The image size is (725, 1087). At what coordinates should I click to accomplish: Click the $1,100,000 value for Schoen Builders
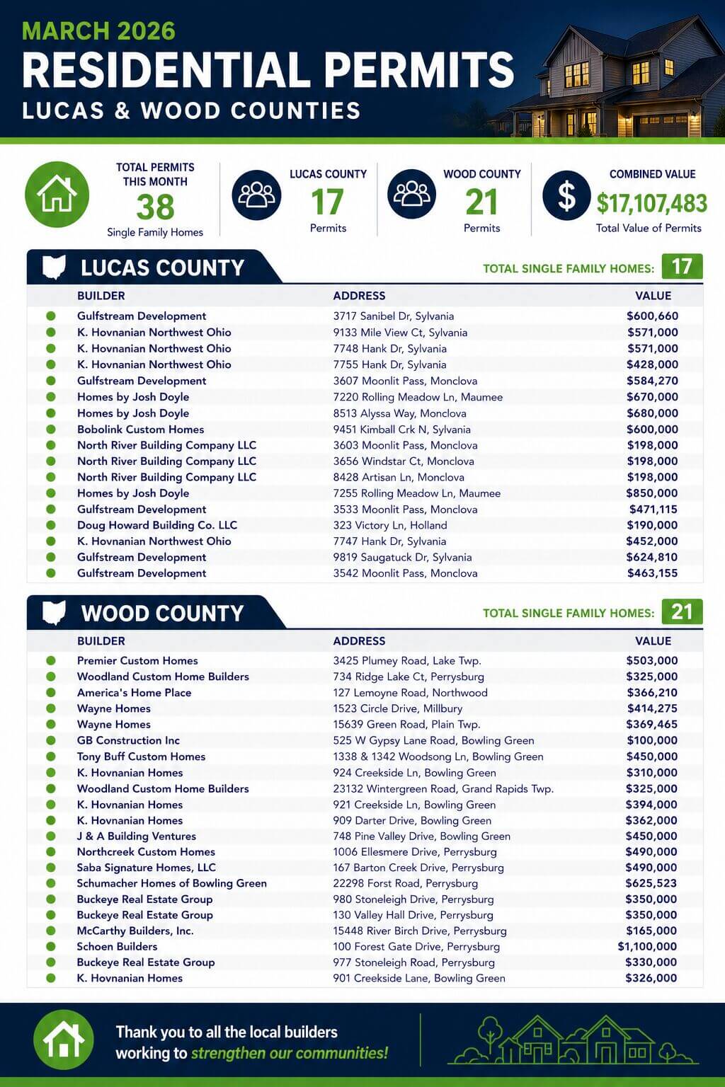pyautogui.click(x=647, y=946)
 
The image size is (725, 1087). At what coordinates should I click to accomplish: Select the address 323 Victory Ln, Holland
pyautogui.click(x=390, y=525)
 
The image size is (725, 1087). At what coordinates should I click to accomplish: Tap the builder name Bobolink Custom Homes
pyautogui.click(x=140, y=429)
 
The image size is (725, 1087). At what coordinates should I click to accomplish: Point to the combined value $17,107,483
pyautogui.click(x=651, y=203)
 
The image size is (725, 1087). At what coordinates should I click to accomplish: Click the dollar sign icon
pyautogui.click(x=566, y=195)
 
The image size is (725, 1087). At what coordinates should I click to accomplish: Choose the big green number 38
pyautogui.click(x=155, y=207)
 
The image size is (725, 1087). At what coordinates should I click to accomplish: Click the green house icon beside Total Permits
pyautogui.click(x=57, y=195)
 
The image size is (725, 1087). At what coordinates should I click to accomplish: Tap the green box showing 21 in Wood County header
pyautogui.click(x=682, y=611)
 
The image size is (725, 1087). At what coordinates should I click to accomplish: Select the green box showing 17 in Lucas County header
pyautogui.click(x=682, y=267)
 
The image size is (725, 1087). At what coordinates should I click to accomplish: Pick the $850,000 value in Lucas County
pyautogui.click(x=651, y=493)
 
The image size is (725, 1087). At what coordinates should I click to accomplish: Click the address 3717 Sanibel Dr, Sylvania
pyautogui.click(x=394, y=316)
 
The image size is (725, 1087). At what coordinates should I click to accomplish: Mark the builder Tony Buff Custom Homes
pyautogui.click(x=141, y=757)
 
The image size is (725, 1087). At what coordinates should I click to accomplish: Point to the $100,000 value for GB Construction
pyautogui.click(x=651, y=740)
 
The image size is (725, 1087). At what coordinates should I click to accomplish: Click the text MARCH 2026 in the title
pyautogui.click(x=98, y=30)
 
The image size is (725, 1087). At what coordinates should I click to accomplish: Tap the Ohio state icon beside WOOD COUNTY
pyautogui.click(x=54, y=612)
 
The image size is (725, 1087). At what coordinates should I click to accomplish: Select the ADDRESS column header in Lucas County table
pyautogui.click(x=359, y=296)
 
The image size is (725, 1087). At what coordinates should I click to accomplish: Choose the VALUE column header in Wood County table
pyautogui.click(x=653, y=640)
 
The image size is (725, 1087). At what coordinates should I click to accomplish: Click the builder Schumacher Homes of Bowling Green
pyautogui.click(x=171, y=883)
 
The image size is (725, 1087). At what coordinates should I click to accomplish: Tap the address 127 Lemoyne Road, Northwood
pyautogui.click(x=410, y=693)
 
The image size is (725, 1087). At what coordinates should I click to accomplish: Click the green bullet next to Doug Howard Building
pyautogui.click(x=51, y=525)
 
